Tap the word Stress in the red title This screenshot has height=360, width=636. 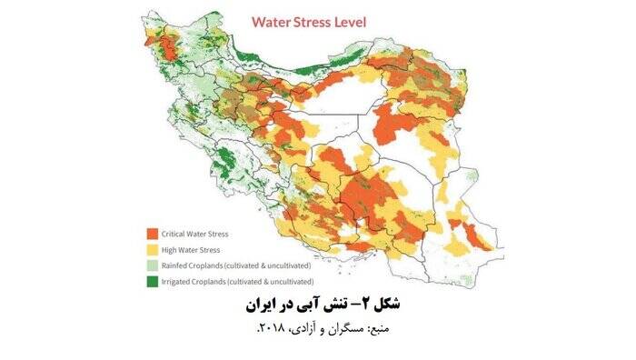325,20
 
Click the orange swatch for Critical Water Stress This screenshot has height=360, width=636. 152,233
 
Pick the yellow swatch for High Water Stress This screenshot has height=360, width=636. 152,249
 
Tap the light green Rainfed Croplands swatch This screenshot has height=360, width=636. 152,265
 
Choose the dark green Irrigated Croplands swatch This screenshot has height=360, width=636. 152,283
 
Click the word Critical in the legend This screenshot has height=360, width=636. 175,233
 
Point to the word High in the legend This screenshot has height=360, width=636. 170,249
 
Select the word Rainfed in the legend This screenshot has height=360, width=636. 177,265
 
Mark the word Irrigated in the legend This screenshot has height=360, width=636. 179,283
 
